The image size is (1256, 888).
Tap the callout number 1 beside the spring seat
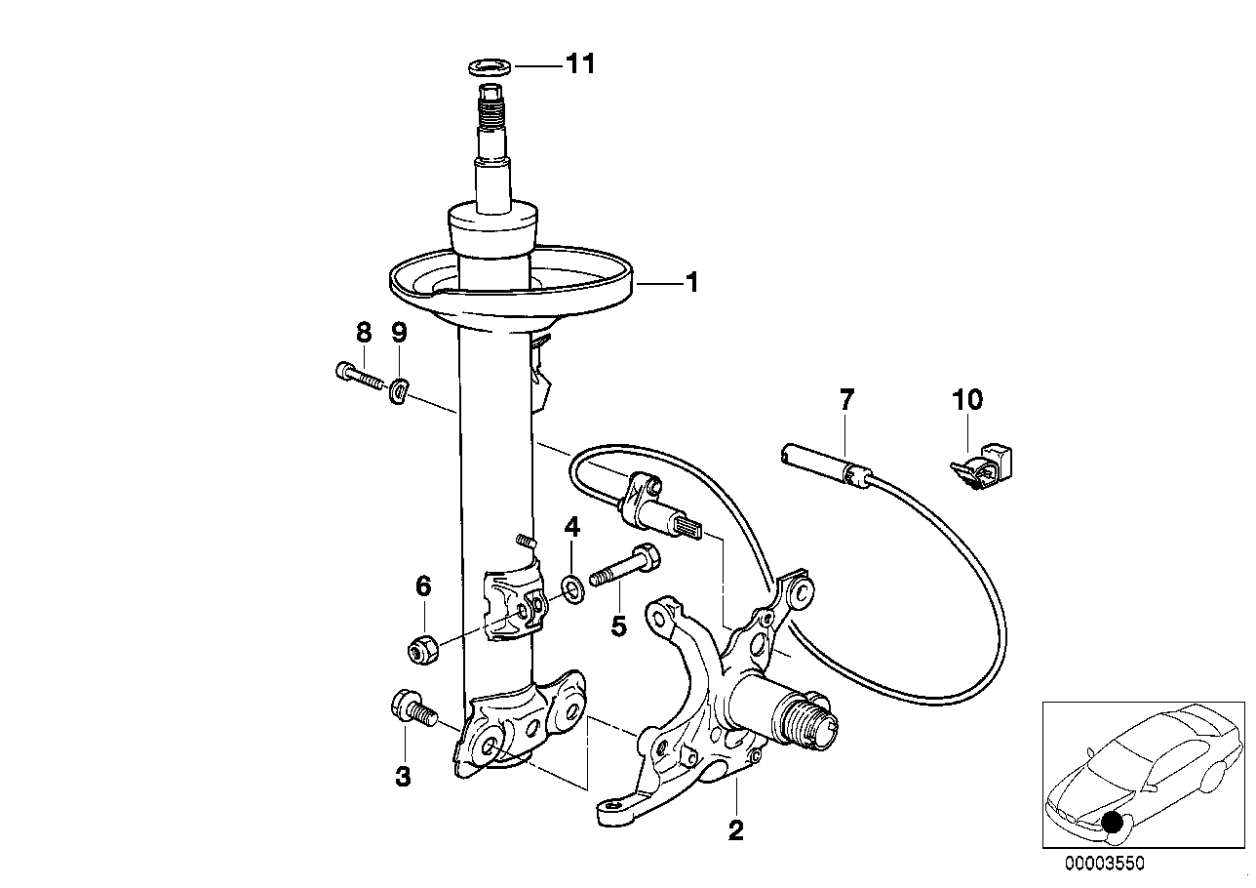pyautogui.click(x=690, y=283)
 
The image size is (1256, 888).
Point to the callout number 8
pyautogui.click(x=363, y=333)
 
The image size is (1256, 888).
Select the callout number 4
pyautogui.click(x=571, y=528)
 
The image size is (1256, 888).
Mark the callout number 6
pyautogui.click(x=422, y=586)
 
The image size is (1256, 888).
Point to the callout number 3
pyautogui.click(x=402, y=776)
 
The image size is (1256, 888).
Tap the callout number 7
pyautogui.click(x=845, y=399)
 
